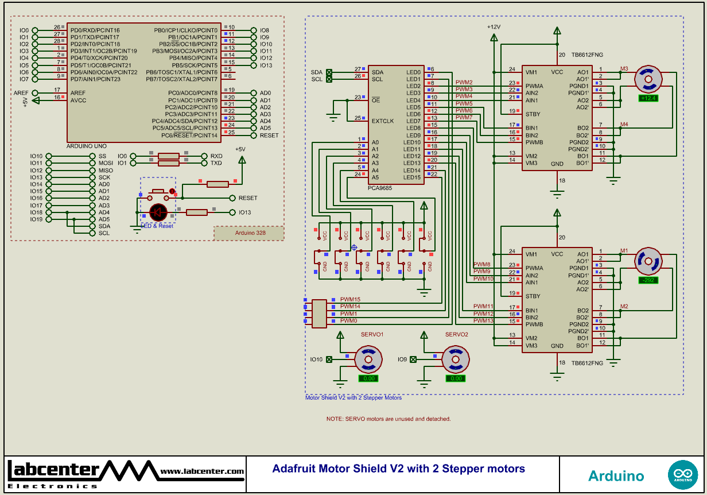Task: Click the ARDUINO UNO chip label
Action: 87,146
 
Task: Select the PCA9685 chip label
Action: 380,188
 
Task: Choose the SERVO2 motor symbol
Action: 455,360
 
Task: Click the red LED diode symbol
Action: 158,212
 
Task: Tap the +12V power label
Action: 494,27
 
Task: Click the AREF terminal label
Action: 21,93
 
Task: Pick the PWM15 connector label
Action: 350,300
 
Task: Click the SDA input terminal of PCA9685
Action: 329,72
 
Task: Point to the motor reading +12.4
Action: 648,98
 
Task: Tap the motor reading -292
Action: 648,281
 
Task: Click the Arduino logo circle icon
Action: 683,475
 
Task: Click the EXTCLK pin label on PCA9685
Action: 383,121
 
